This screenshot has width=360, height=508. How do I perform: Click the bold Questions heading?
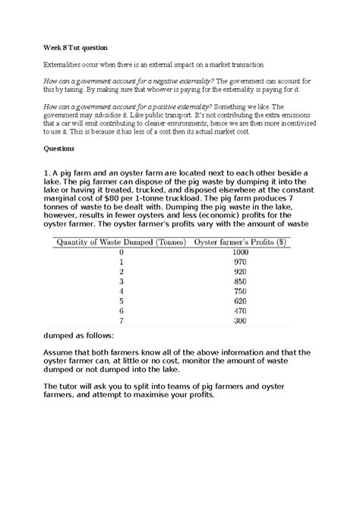[x=62, y=150]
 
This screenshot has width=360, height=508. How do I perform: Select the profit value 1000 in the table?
[x=241, y=251]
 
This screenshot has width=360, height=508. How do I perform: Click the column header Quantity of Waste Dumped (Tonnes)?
[x=118, y=241]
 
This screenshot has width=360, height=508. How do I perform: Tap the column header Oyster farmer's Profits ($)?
[x=241, y=241]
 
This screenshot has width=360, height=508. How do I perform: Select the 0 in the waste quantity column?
[x=121, y=251]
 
